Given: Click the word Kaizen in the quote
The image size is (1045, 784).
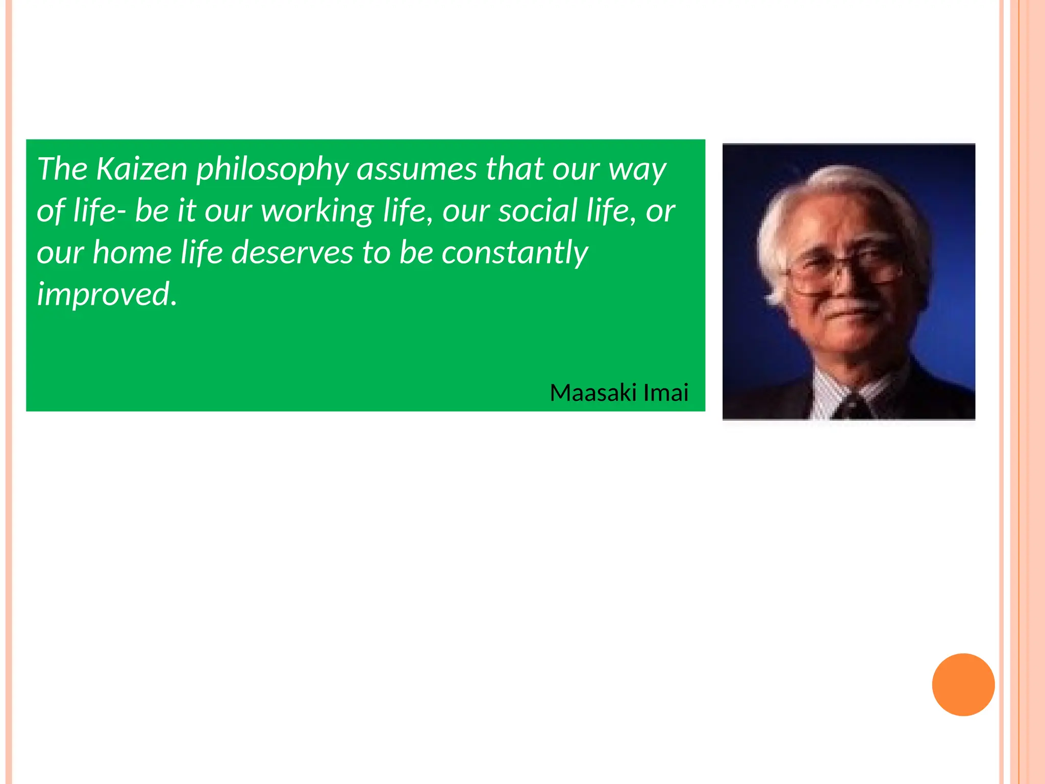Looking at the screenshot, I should coord(142,168).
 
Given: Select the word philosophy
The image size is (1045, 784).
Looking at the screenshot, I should coord(272,169).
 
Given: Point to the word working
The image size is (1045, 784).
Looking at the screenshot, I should coord(317,211).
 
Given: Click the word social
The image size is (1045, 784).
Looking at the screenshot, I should coord(538,210).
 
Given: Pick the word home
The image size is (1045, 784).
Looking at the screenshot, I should coord(132,252).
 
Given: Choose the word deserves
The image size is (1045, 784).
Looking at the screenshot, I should coord(292,252).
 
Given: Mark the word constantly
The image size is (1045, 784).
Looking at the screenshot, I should coord(514,253).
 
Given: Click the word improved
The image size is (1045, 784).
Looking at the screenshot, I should coord(106,295).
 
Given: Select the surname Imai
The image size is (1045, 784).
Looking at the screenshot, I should coord(665,393).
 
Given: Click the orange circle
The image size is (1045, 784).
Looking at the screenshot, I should coord(963,684).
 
